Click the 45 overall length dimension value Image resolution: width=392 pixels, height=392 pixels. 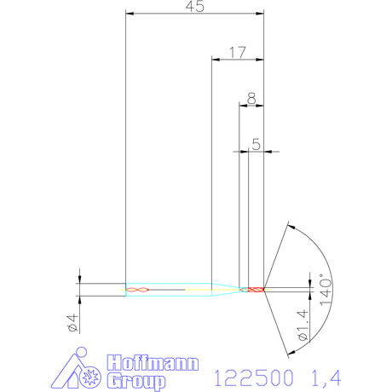coord(195,7)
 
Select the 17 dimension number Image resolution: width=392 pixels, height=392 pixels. coord(237,53)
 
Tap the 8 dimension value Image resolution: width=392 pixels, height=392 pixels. coord(251,99)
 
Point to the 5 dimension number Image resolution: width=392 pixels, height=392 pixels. coord(256,144)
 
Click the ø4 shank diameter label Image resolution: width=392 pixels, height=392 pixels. coord(72,323)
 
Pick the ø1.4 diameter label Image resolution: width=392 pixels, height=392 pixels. coord(303,325)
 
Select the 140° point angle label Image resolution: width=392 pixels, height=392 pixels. coord(326,290)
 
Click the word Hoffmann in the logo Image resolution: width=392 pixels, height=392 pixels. coord(153,363)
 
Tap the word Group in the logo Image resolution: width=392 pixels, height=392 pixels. coord(135,381)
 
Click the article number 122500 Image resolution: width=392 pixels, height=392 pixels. coord(253,378)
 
